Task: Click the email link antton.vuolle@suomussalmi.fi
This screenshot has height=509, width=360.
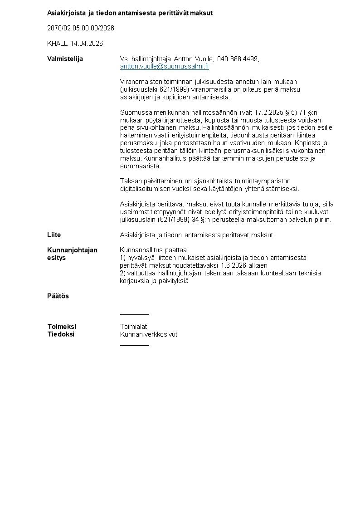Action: [x=164, y=66]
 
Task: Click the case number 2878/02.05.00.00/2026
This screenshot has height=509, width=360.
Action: [x=81, y=28]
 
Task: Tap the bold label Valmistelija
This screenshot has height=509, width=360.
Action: [x=65, y=59]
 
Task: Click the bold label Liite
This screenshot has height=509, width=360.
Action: [x=54, y=235]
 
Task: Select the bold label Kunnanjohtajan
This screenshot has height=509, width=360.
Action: [x=72, y=250]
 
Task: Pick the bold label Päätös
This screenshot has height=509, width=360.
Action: [x=58, y=296]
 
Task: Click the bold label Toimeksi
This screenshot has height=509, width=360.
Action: [x=62, y=327]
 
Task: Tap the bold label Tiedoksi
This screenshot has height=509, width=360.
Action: [x=61, y=334]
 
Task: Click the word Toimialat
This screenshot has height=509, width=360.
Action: [x=133, y=327]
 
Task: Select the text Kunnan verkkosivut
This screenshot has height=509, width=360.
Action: [x=148, y=334]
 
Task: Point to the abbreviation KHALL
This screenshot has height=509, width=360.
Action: [x=57, y=44]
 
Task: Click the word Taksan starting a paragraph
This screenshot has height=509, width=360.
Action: [x=130, y=181]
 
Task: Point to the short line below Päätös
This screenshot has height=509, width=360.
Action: [x=134, y=314]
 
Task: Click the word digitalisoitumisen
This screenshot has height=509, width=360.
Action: [x=147, y=189]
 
